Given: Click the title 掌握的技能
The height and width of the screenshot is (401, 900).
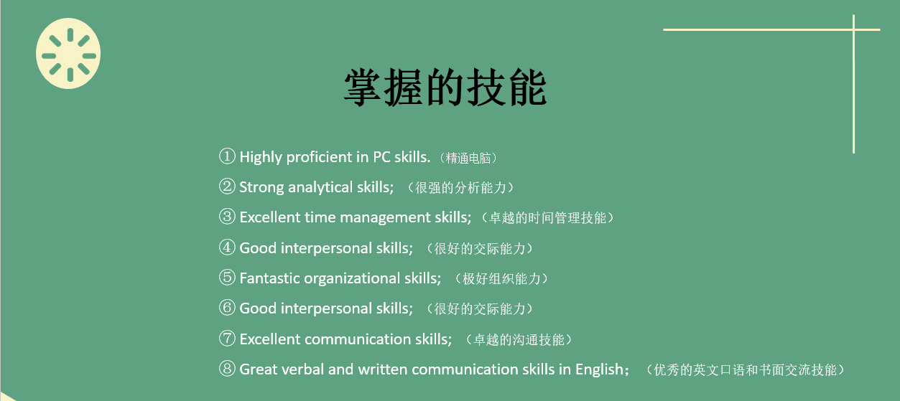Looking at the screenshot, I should (445, 89).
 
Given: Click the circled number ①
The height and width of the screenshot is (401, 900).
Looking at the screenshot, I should (227, 156).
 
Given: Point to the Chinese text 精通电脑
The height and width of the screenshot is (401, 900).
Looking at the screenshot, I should (471, 158).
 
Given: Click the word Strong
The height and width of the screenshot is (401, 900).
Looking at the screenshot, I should (261, 187).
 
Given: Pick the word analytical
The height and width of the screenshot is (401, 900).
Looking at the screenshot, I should (320, 187).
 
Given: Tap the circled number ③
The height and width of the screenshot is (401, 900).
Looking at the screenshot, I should (227, 217).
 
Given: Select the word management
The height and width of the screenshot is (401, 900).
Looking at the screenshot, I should (385, 218).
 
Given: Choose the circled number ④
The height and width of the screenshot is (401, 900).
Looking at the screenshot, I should (227, 248).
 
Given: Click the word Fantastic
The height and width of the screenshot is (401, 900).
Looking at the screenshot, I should (269, 278).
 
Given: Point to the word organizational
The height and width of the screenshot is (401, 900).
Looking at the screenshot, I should (351, 278).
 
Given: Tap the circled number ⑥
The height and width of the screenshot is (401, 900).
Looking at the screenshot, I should (227, 308).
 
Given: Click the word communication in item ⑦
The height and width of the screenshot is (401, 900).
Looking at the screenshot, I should (359, 339).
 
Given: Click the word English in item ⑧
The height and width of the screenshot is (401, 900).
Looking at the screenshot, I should (599, 369).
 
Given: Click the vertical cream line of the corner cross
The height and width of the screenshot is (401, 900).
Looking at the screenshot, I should (853, 93).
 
